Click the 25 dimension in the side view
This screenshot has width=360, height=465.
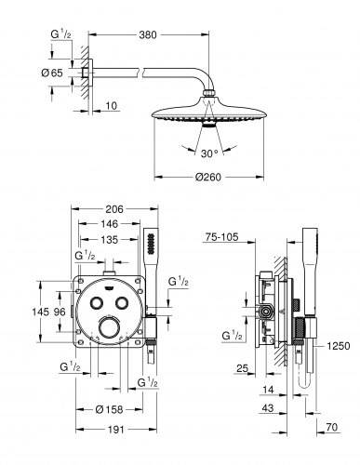pyautogui.click(x=241, y=370)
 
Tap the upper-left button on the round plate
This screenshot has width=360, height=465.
pyautogui.click(x=98, y=303)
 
